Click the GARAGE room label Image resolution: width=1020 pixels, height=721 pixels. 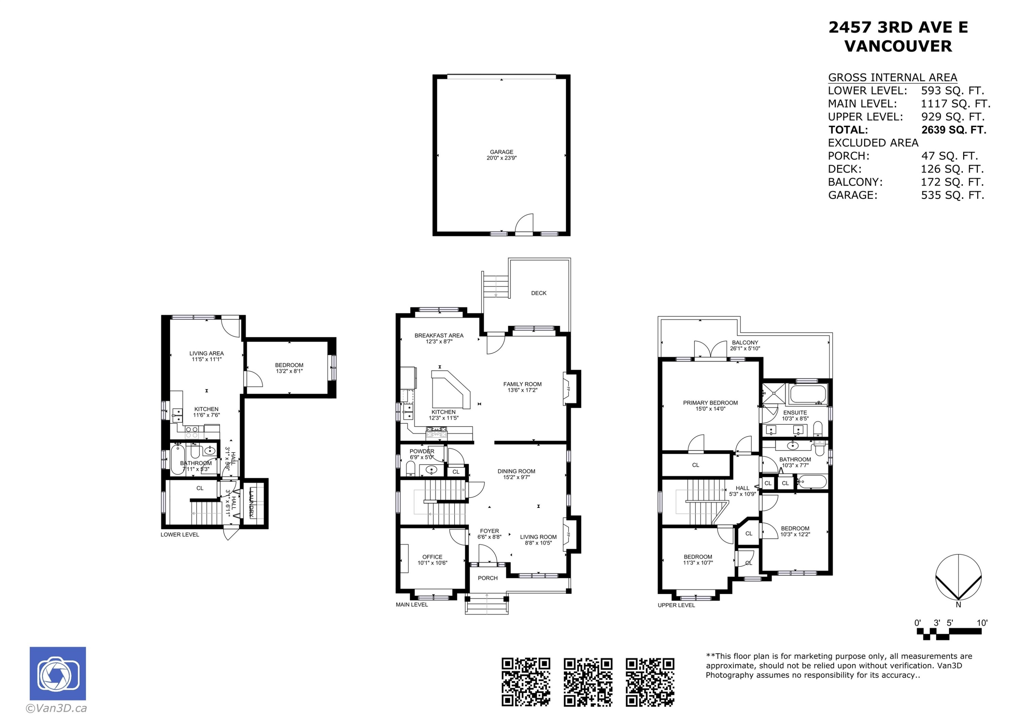(501, 152)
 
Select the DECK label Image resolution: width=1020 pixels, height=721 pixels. (539, 293)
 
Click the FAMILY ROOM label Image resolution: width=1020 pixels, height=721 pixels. (522, 384)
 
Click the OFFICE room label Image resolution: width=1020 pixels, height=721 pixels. (432, 556)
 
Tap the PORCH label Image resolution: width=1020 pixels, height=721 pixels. (487, 578)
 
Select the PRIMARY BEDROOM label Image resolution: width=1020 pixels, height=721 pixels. (710, 403)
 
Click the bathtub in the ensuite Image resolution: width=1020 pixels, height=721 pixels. (807, 394)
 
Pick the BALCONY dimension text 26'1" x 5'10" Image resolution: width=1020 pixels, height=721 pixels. (745, 349)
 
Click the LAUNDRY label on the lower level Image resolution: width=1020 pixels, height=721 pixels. (252, 502)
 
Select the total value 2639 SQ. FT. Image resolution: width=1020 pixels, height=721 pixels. (953, 130)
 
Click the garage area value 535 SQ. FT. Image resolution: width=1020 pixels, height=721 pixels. (952, 195)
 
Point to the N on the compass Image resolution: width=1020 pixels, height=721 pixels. (958, 605)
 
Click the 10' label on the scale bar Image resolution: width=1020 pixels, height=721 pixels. (982, 623)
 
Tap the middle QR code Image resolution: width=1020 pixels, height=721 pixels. (588, 682)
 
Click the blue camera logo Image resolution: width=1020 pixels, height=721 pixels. (58, 673)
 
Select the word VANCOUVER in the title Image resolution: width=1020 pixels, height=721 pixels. (898, 46)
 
